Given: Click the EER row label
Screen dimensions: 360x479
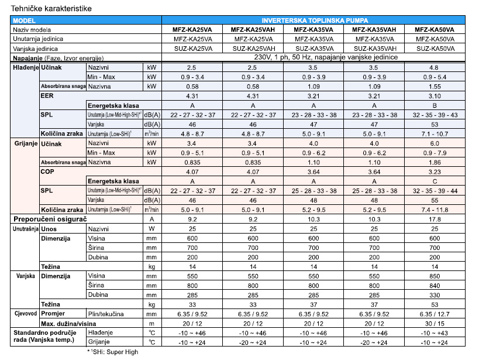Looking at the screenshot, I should click(x=47, y=95).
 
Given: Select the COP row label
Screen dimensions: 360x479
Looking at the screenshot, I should click(x=48, y=172).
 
